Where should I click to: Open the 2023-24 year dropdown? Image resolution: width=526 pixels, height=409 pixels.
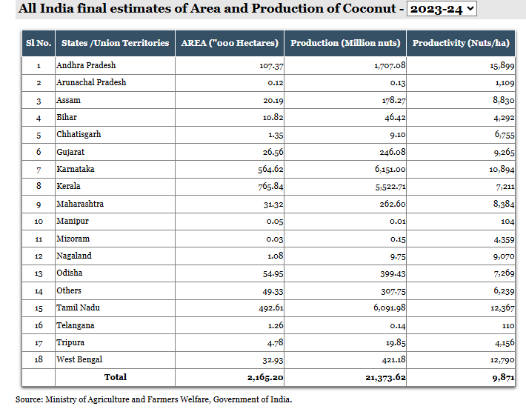pos(442,8)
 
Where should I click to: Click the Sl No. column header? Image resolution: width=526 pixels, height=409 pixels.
pos(39,43)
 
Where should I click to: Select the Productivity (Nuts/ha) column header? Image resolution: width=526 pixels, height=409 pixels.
pos(461,43)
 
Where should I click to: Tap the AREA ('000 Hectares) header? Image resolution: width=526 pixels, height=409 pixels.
pos(230,43)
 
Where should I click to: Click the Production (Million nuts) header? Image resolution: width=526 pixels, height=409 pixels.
pos(345,43)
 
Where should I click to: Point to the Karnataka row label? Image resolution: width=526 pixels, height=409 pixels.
pos(76,169)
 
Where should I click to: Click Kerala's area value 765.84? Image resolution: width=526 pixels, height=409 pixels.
pos(270,186)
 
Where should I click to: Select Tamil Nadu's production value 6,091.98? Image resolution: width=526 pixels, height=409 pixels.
pos(390,307)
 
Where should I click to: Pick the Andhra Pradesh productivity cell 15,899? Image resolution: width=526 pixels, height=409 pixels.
pos(502,65)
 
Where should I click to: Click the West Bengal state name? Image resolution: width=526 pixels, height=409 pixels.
pos(79,359)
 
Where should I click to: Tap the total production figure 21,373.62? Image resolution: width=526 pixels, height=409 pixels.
pos(385,377)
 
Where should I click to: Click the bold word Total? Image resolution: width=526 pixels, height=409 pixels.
pos(116,377)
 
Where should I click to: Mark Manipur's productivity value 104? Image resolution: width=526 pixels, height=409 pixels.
pos(507,222)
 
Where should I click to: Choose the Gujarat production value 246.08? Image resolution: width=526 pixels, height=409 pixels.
pos(393,153)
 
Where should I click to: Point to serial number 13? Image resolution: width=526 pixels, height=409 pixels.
pos(39,273)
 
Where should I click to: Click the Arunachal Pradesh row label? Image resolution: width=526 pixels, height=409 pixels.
pos(91,82)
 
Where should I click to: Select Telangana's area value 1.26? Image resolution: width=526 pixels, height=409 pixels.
pos(276,325)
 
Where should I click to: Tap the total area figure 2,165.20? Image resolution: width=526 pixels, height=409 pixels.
pos(265,377)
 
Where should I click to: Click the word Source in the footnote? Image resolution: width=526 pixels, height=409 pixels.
pos(29,399)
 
